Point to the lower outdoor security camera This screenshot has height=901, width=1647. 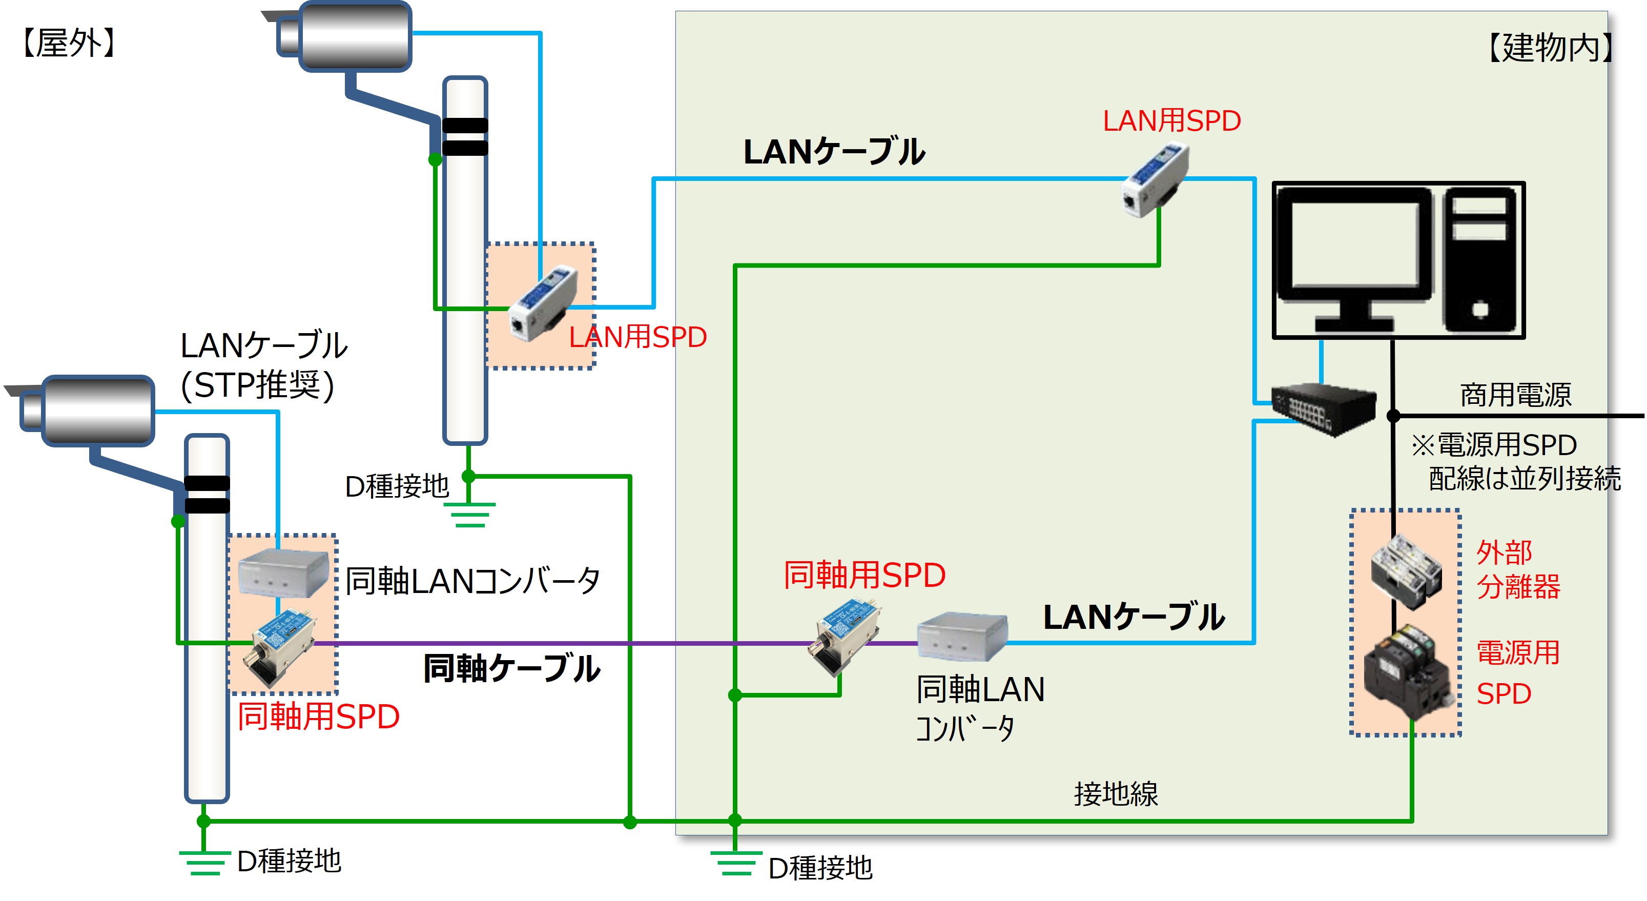(x=90, y=411)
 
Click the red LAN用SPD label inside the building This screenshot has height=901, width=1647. (x=1171, y=121)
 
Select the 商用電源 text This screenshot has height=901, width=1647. (x=1515, y=395)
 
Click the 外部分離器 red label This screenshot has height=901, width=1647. (x=1517, y=569)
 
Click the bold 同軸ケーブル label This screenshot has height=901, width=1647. (x=511, y=668)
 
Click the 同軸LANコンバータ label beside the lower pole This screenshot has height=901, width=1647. (x=472, y=581)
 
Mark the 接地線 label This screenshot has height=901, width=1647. (x=1116, y=793)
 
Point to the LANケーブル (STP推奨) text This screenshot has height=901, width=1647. (x=263, y=364)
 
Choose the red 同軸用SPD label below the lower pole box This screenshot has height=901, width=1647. (x=318, y=716)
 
